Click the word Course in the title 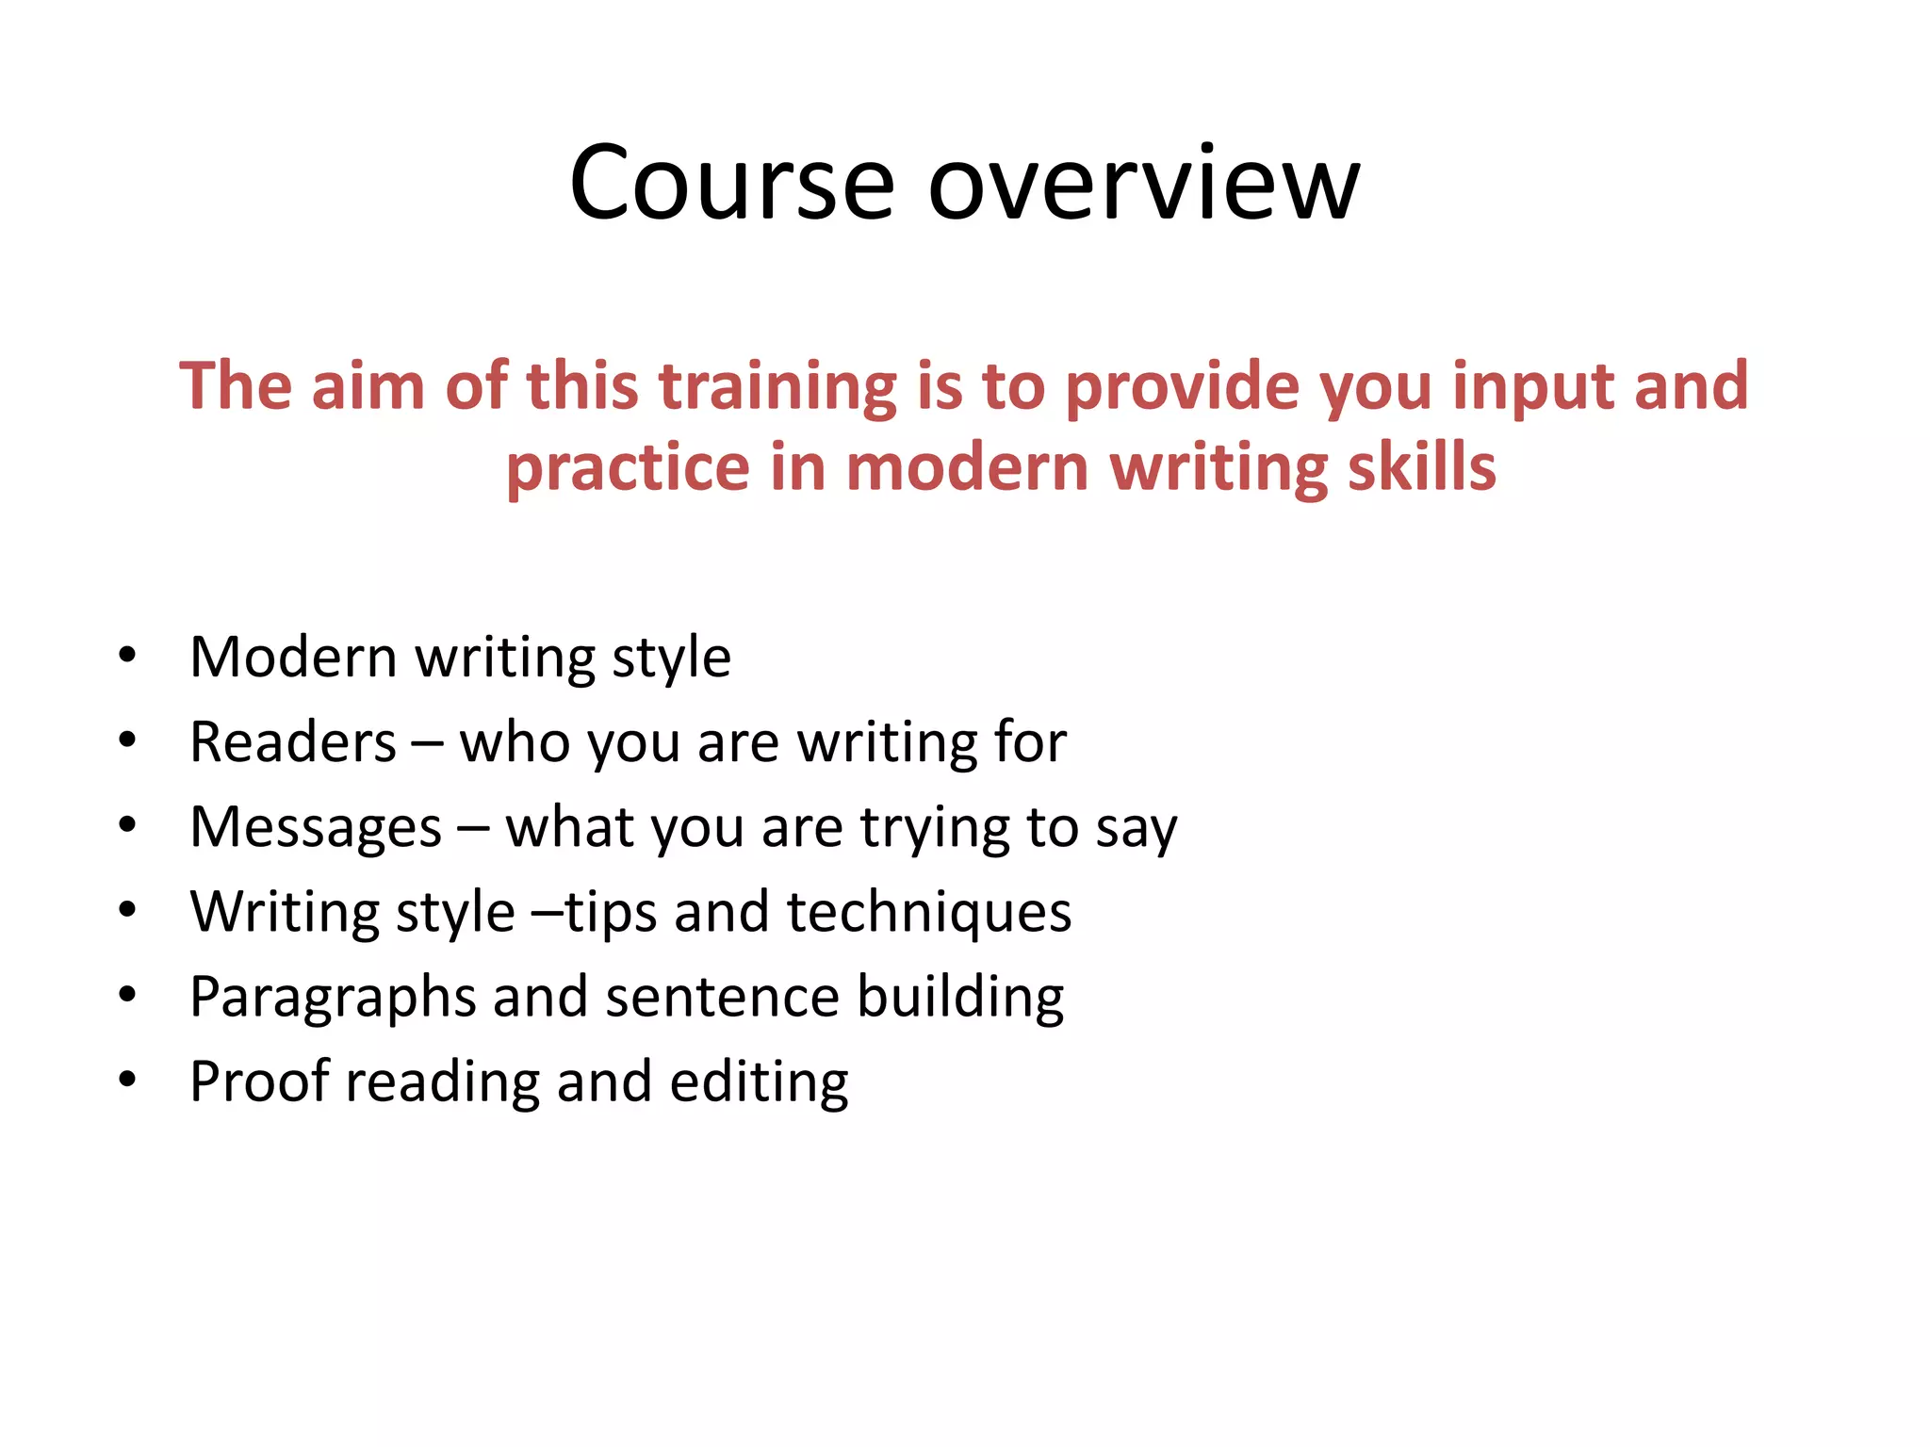(731, 183)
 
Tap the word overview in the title (1144, 183)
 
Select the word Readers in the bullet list (293, 742)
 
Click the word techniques (929, 912)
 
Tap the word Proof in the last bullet (259, 1081)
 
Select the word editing (759, 1081)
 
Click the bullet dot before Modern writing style (127, 656)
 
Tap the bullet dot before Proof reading (127, 1080)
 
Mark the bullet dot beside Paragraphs (127, 995)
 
